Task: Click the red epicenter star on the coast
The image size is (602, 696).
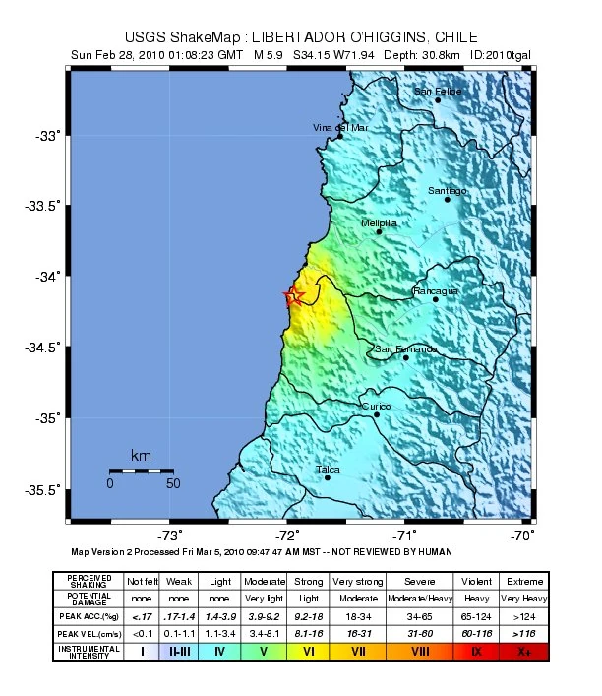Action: (292, 296)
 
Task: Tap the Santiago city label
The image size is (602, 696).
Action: (448, 190)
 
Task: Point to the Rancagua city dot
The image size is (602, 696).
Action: (436, 299)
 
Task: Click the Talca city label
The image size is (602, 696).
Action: (328, 470)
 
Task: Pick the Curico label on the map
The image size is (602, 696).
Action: (376, 406)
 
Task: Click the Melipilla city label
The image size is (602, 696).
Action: (379, 223)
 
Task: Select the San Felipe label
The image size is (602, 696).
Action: (438, 92)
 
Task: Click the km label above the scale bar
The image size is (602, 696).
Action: (141, 456)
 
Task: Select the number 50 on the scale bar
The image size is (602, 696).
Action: (173, 483)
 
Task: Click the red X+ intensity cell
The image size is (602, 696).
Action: (522, 651)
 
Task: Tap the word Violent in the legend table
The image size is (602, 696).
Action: (476, 581)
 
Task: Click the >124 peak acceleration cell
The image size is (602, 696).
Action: (522, 615)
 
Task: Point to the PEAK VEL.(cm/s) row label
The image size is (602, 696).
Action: (89, 633)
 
